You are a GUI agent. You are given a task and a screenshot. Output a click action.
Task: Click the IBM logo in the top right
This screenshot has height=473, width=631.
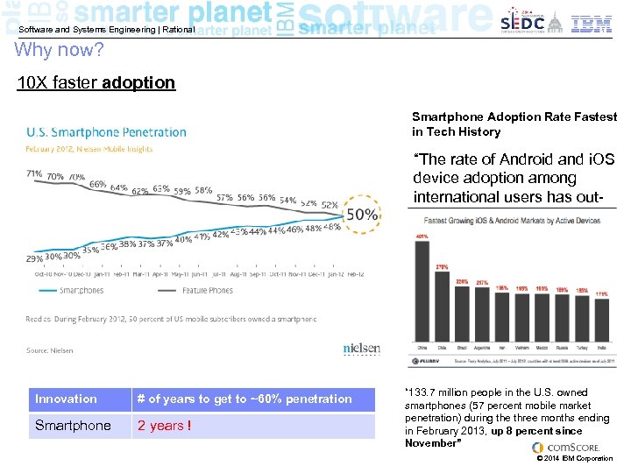592,23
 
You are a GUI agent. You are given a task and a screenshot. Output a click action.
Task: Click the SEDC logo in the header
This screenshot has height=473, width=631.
522,23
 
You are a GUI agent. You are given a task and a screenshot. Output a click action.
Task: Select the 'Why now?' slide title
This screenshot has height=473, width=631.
60,50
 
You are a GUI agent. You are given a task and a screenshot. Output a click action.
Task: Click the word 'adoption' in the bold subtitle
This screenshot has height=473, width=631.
138,83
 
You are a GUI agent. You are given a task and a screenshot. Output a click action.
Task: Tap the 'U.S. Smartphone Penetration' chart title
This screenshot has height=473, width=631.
106,132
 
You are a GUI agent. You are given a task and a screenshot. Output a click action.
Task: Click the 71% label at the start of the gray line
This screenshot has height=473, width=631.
35,173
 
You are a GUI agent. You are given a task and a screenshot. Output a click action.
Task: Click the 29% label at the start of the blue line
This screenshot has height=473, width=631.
35,259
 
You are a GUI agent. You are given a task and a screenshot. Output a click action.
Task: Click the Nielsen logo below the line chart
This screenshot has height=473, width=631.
361,349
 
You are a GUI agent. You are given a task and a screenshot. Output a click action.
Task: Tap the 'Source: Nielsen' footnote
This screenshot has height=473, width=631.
50,350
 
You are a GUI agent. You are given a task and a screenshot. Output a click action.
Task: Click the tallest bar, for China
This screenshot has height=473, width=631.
422,293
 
